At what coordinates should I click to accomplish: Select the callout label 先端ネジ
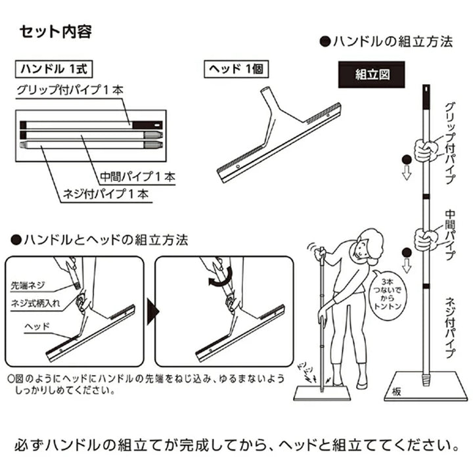28,286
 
